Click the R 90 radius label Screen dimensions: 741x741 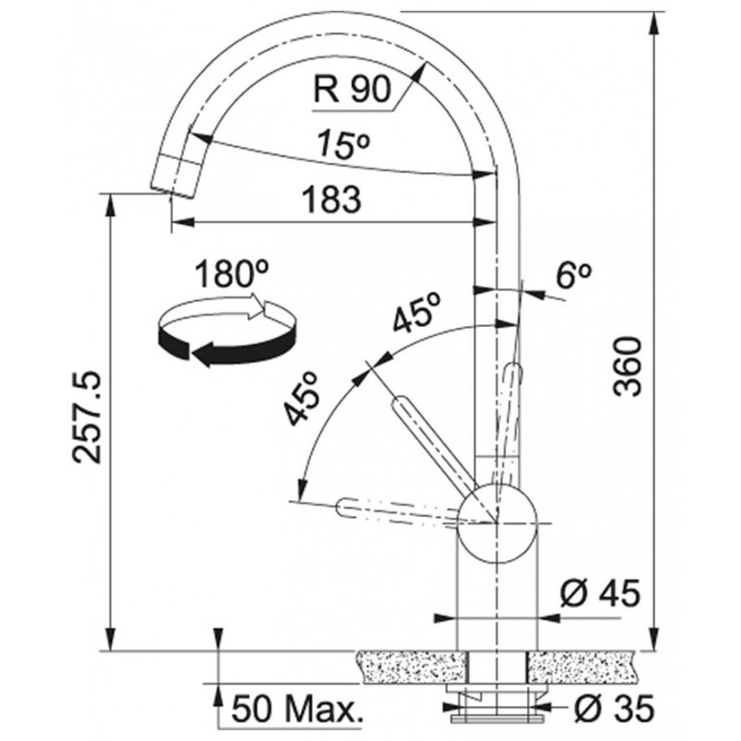353,89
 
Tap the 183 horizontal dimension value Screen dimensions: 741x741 332,199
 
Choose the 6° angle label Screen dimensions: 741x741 573,275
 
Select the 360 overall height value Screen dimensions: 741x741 628,367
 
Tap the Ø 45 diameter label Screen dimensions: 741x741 600,593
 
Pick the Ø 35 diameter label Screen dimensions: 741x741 614,708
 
